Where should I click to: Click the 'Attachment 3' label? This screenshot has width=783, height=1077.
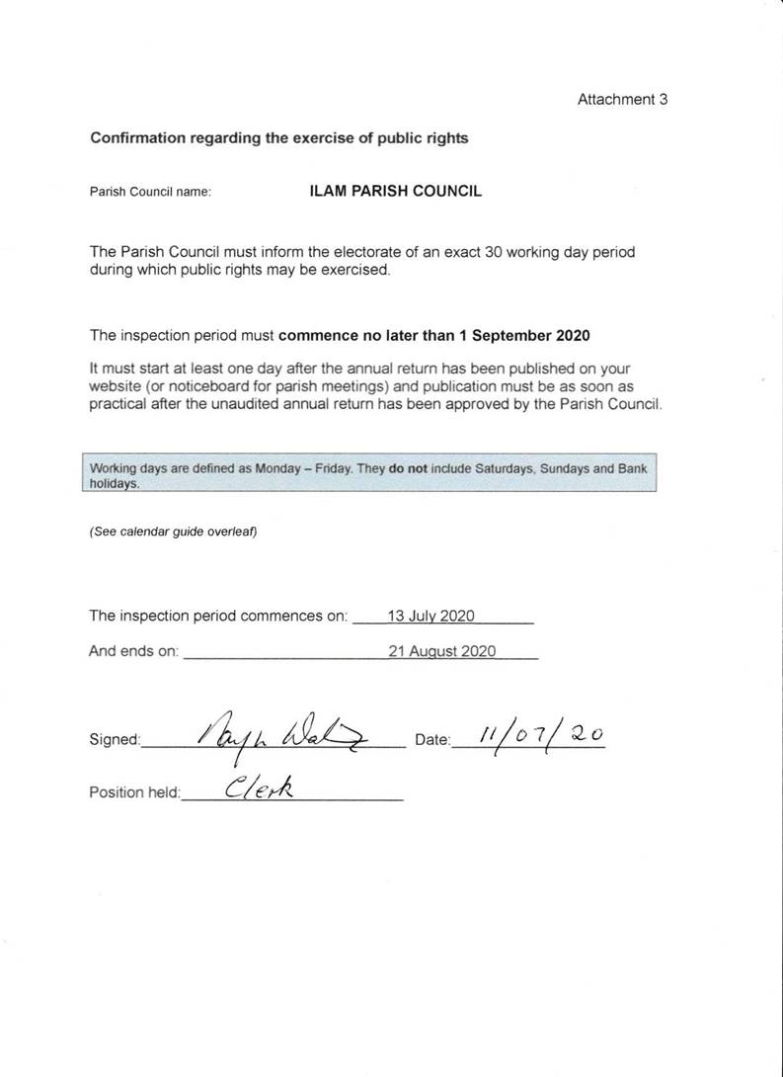(x=622, y=100)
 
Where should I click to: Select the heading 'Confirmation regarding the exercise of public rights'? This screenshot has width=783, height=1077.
(x=279, y=138)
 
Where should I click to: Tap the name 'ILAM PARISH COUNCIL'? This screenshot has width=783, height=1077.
(x=396, y=192)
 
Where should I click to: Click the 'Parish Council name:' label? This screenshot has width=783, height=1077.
(x=150, y=193)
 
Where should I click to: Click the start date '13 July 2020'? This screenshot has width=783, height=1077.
(x=431, y=617)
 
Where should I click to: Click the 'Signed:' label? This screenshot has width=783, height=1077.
(x=115, y=740)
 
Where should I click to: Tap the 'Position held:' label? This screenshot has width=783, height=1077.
(x=135, y=792)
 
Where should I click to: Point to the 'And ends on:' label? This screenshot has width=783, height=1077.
(x=133, y=652)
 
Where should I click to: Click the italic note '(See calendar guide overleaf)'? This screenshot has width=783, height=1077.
(x=173, y=532)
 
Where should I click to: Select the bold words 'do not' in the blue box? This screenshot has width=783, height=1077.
(x=409, y=469)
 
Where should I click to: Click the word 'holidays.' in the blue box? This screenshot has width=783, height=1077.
(x=115, y=485)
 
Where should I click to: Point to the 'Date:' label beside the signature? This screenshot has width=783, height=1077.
(x=432, y=740)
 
